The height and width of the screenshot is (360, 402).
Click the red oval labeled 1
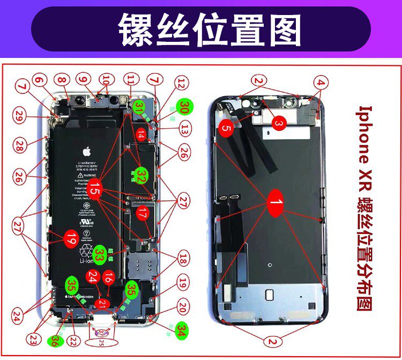coord(275,203)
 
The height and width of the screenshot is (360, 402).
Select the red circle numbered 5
coord(226,128)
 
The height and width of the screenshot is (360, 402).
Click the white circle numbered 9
coord(83,79)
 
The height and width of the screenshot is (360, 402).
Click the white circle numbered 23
coord(34,339)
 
